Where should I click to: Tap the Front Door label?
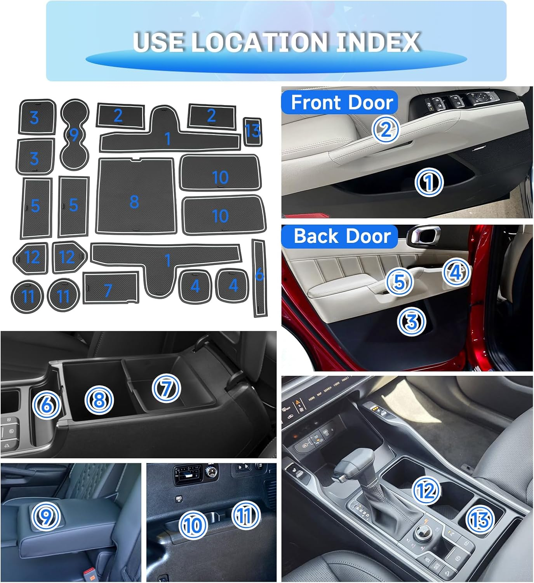(341, 103)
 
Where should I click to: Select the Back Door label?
(342, 236)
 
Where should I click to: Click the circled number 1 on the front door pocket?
(429, 182)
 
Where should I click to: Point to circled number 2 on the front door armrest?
(385, 129)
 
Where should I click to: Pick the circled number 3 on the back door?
(411, 322)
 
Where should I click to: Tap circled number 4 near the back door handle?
(456, 272)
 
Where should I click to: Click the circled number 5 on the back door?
(399, 282)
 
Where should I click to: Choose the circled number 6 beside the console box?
(47, 405)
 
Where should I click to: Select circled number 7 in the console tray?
(166, 389)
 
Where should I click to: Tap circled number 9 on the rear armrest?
(46, 517)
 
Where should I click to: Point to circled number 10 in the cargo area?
(193, 525)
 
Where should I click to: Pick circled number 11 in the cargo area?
(246, 515)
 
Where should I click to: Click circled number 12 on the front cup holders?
(426, 491)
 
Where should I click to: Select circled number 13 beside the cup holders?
(480, 519)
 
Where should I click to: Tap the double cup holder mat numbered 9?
(75, 134)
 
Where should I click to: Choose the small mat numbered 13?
(252, 131)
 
